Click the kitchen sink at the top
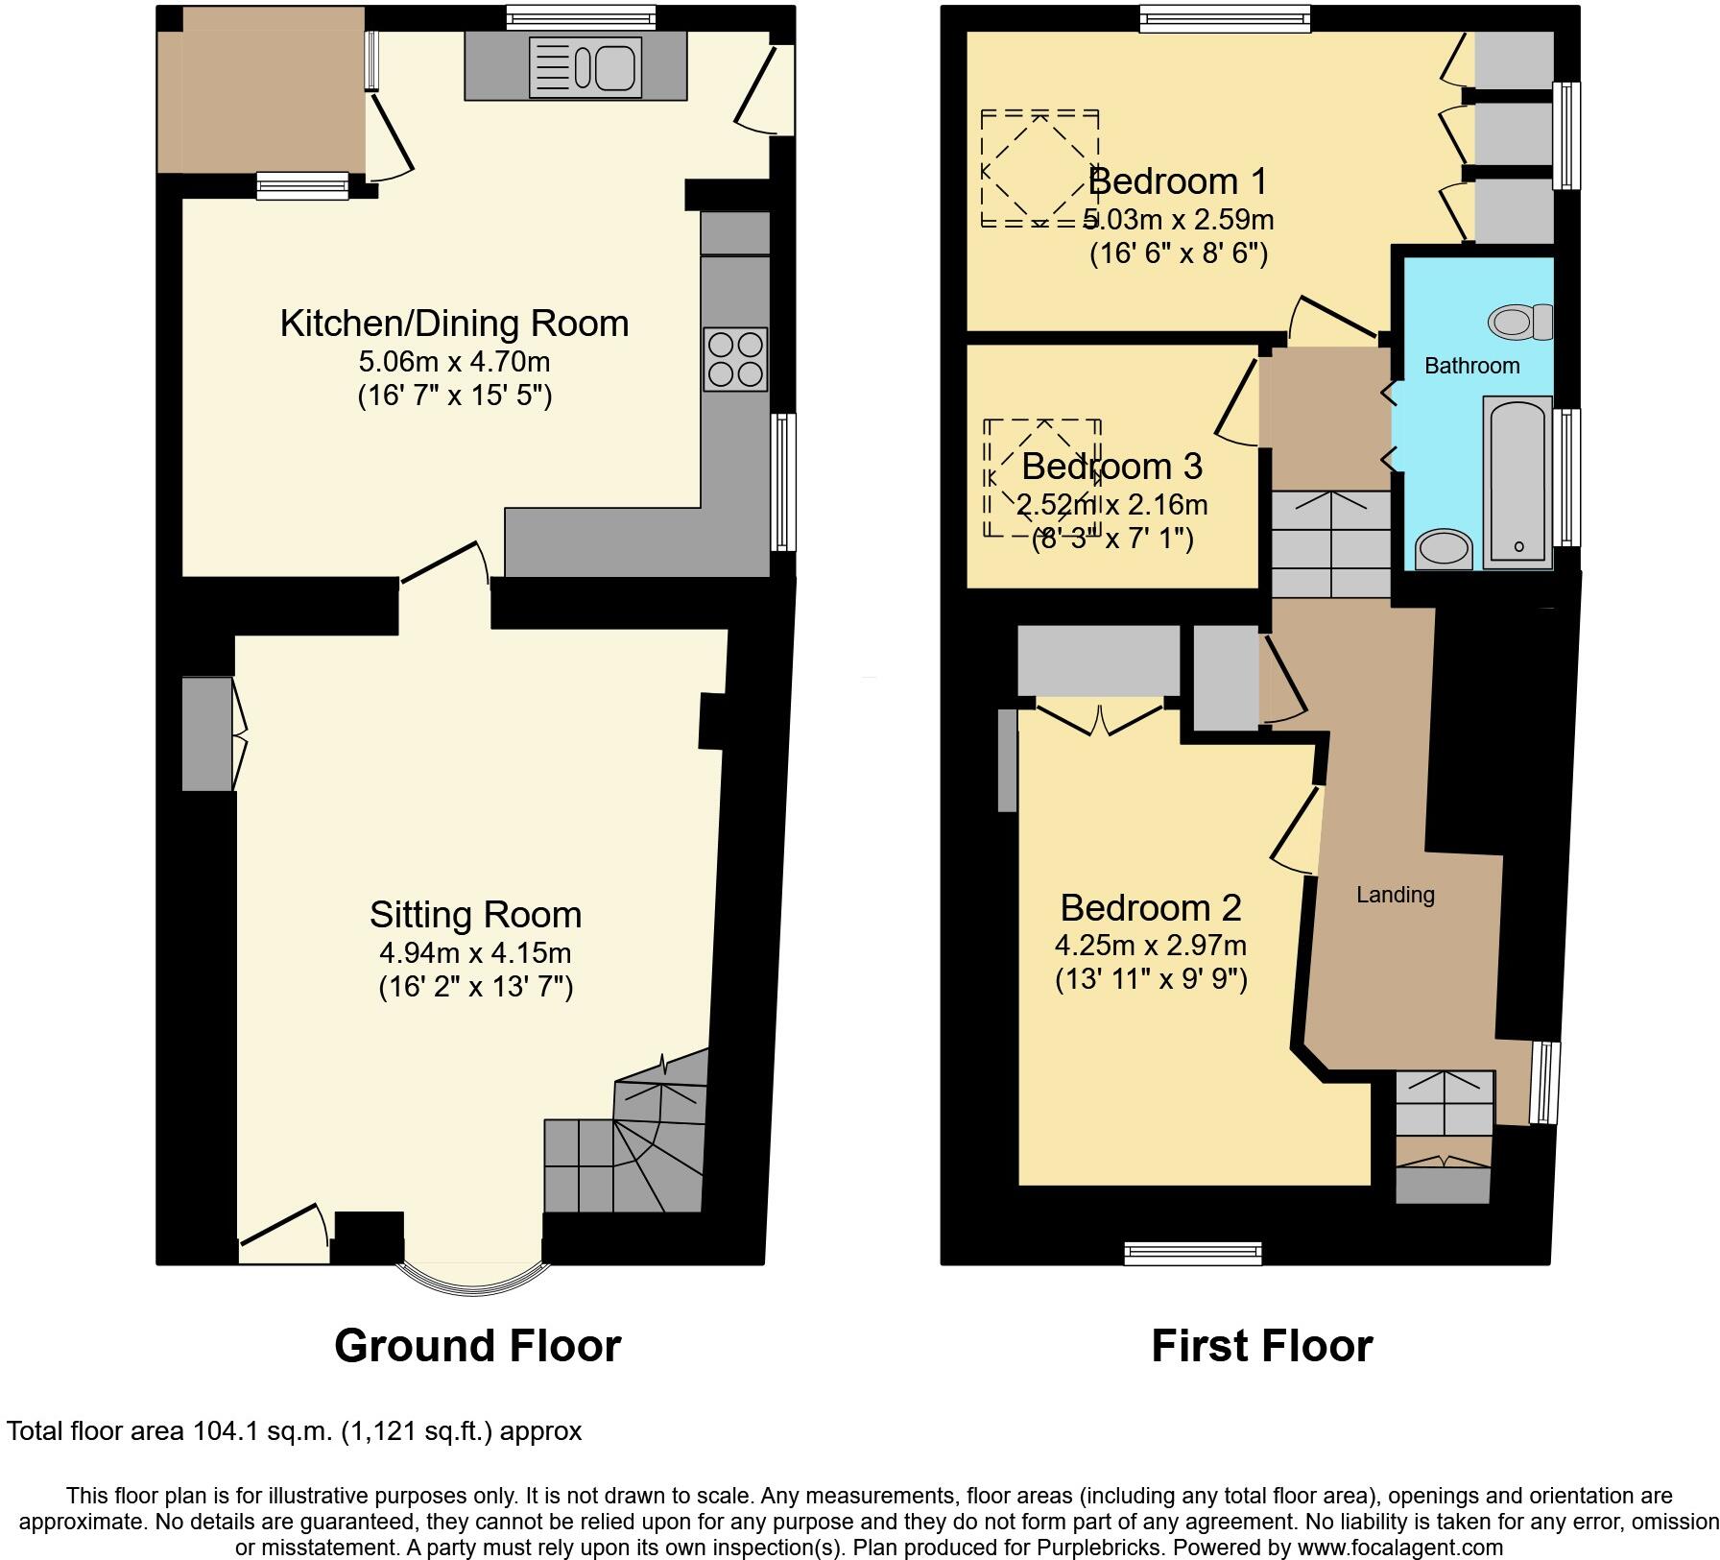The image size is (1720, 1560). coord(585,67)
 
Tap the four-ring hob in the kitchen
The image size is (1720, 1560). coord(735,359)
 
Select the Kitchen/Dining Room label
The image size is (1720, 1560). coord(454,324)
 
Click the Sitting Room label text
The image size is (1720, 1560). coord(475,915)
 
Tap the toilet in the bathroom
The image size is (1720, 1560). coord(1521,322)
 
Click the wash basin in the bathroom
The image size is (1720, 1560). coord(1445,551)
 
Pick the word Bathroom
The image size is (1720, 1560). coord(1471,366)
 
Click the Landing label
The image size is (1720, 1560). coord(1395,895)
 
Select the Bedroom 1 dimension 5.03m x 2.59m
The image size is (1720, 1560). coord(1179,220)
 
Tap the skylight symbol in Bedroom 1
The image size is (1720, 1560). coord(1039,169)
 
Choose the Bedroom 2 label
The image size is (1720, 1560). coord(1150,908)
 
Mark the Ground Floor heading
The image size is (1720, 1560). coord(477,1346)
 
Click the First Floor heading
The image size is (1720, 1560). coord(1261,1346)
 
